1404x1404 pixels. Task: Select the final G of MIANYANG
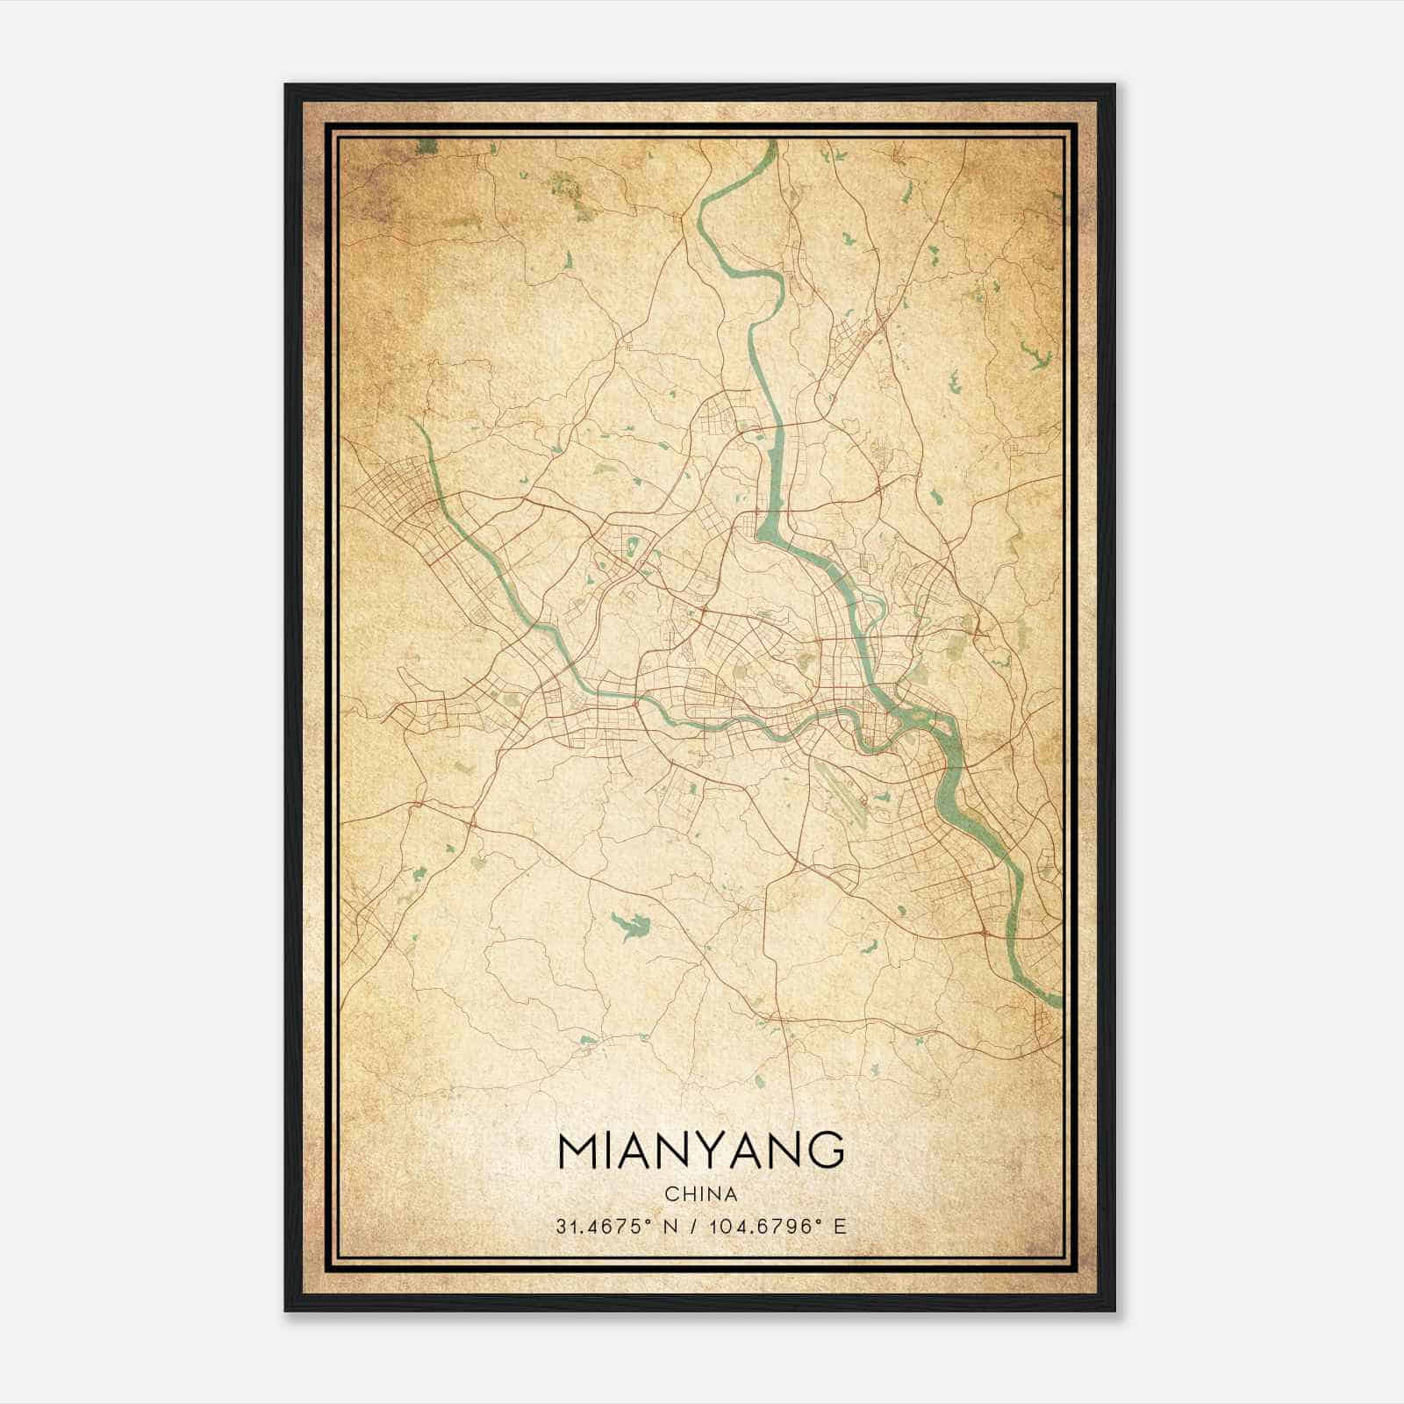click(825, 1152)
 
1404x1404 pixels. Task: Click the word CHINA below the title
click(700, 1194)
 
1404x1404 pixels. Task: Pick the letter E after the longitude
click(841, 1227)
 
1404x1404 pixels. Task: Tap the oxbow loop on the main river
click(874, 605)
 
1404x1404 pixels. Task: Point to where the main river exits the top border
click(772, 142)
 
